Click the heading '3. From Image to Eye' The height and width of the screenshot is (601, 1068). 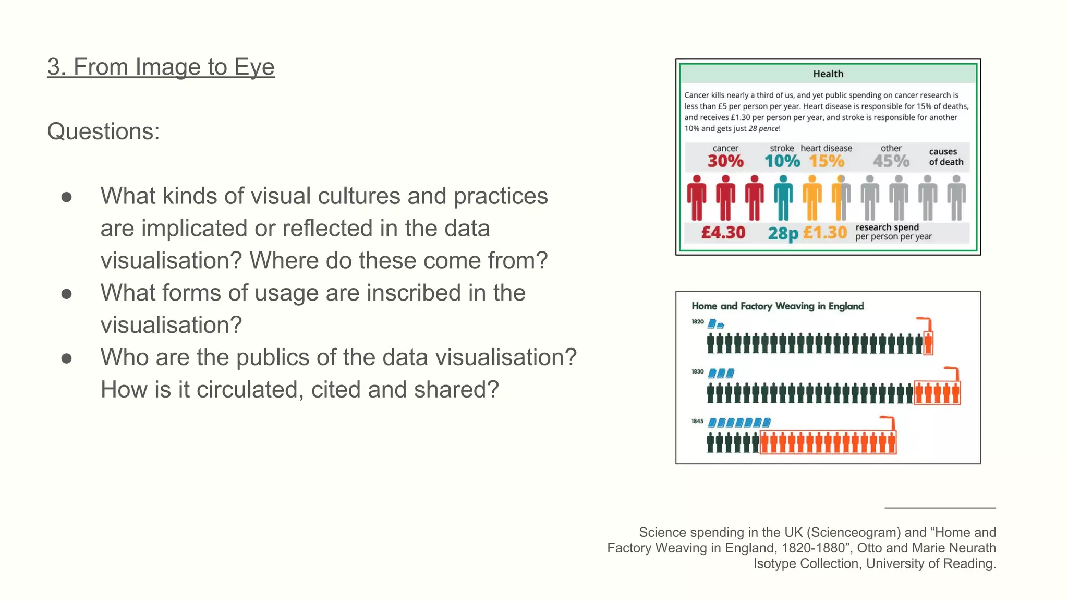(x=161, y=67)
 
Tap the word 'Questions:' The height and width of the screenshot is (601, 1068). (x=103, y=131)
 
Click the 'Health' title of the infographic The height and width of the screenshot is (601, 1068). (x=828, y=74)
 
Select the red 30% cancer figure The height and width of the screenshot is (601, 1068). (x=725, y=161)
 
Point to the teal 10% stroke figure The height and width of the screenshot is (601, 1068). (x=782, y=161)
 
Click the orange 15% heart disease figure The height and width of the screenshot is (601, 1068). (x=827, y=161)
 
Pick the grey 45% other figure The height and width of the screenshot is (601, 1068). (x=891, y=161)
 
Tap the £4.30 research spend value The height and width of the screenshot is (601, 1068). (x=723, y=233)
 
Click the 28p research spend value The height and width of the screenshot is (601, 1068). (x=783, y=233)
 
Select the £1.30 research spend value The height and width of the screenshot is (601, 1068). (x=825, y=233)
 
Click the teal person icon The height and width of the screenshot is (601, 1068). (x=783, y=198)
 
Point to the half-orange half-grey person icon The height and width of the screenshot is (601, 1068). (x=841, y=198)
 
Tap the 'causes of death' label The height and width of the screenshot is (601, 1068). (x=945, y=157)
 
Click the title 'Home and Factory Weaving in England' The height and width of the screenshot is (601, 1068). (x=778, y=306)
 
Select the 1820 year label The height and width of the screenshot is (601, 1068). (x=698, y=322)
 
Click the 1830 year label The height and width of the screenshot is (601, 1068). (x=698, y=372)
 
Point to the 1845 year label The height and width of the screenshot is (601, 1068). (x=698, y=421)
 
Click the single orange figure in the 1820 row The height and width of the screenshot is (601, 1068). (x=928, y=343)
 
